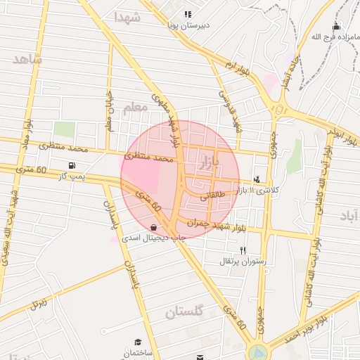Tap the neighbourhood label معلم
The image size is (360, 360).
135,108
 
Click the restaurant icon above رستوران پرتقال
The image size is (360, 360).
243,250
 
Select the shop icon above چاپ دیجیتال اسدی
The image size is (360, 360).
154,227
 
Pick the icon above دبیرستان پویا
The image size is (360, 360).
187,14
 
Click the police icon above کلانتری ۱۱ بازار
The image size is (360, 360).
258,180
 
